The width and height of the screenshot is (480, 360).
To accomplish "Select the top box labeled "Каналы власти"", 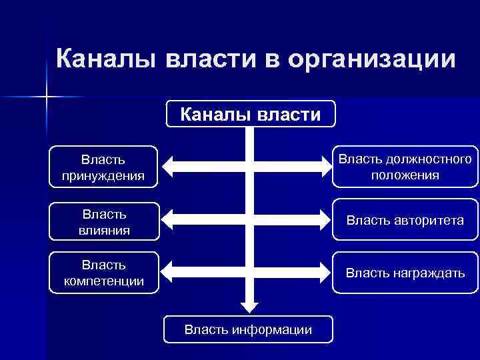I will [251, 114].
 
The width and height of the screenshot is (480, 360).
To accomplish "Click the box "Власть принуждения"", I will [103, 167].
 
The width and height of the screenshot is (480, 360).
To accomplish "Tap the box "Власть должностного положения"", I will [405, 167].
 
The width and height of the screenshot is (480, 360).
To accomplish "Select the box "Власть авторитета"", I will [405, 220].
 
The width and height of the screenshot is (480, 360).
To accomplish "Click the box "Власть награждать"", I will [405, 273].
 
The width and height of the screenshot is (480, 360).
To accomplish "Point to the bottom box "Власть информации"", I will [248, 329].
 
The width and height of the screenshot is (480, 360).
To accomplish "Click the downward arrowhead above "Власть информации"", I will [249, 306].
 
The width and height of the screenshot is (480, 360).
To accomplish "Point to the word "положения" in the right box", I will [405, 175].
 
